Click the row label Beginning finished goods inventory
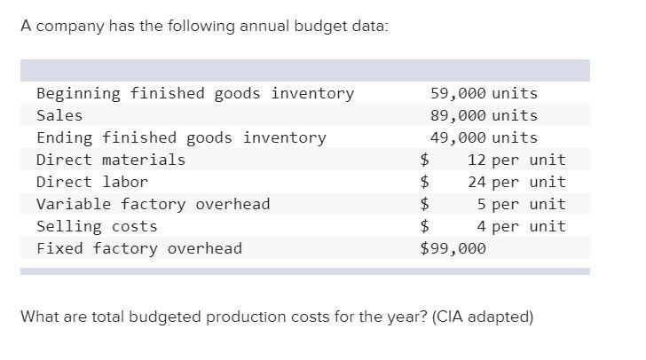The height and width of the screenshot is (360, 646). coord(195,93)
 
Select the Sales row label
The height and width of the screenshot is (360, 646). coord(59,115)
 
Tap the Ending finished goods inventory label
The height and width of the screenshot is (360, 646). coord(181,137)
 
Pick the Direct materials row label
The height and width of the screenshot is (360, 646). coord(111,160)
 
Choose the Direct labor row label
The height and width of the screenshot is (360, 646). coord(92,182)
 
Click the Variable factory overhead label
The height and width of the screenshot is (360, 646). coord(153,204)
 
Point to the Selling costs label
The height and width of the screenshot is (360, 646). coord(97,226)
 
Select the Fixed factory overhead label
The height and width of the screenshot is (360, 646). coord(139,248)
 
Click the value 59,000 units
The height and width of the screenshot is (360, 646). coord(484,93)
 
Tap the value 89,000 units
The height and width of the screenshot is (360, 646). coord(484,115)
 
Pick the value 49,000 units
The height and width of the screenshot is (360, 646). coord(484,137)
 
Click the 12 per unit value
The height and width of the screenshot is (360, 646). coord(516,160)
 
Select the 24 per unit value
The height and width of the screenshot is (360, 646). coord(516,182)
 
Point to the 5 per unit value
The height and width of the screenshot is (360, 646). coord(521,204)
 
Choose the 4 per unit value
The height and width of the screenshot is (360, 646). coord(521,226)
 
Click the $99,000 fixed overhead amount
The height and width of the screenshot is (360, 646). coord(453,248)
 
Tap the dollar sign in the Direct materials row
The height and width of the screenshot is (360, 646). coord(425,160)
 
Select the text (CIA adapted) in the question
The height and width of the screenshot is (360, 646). coord(483,317)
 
